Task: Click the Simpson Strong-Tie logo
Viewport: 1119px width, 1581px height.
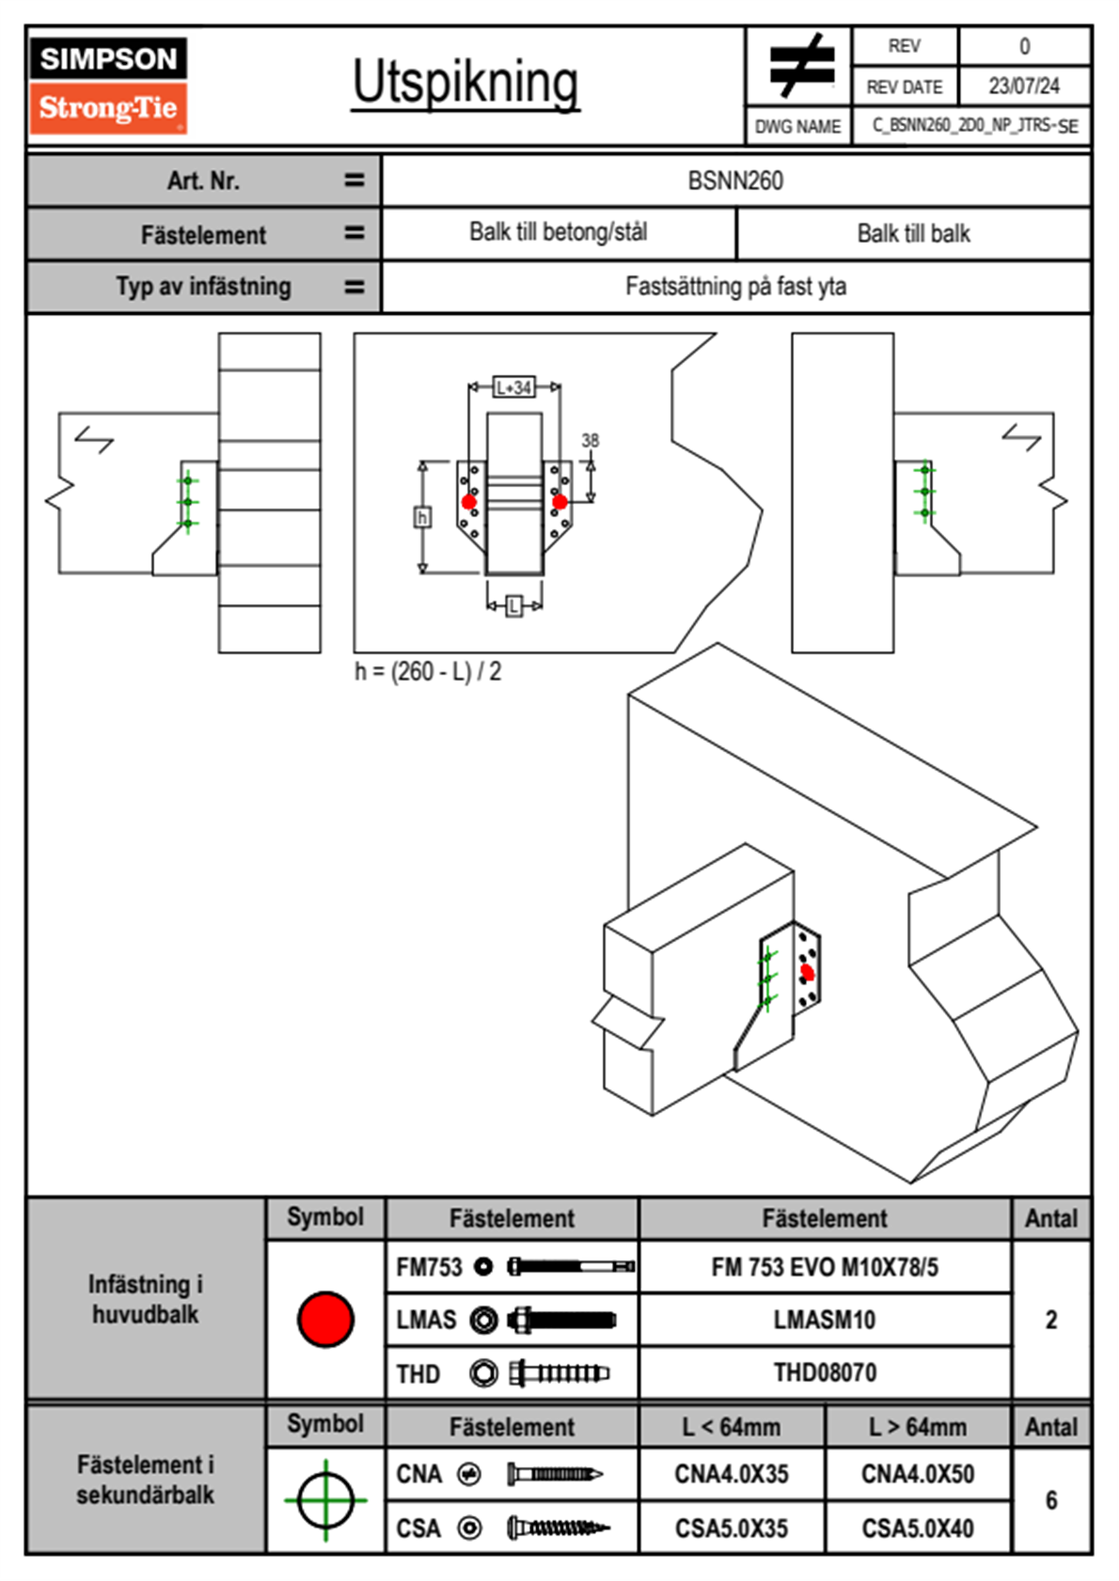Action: click(x=108, y=85)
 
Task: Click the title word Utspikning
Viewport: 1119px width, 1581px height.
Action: click(x=465, y=83)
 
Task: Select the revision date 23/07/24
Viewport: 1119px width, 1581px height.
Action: click(x=1023, y=86)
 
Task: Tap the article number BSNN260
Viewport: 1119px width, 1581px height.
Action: click(x=735, y=180)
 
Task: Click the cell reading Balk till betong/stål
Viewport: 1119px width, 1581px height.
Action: click(x=559, y=232)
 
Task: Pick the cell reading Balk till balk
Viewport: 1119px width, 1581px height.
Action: click(x=913, y=234)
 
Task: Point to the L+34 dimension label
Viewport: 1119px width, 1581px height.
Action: click(x=514, y=387)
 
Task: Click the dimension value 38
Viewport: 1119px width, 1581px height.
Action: click(x=590, y=440)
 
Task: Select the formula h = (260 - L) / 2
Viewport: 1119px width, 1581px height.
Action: click(x=428, y=671)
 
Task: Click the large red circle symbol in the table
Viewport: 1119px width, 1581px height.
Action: click(x=325, y=1319)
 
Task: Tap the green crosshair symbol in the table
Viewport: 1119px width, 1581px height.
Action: click(x=325, y=1500)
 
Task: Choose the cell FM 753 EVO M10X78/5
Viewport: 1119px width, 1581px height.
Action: click(x=825, y=1267)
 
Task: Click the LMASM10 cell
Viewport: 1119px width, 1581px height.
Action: click(x=825, y=1320)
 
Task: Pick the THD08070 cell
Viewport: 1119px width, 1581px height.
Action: click(x=825, y=1372)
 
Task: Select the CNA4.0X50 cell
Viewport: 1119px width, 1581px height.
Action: click(x=918, y=1474)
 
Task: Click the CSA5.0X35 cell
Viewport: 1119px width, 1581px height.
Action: click(x=732, y=1528)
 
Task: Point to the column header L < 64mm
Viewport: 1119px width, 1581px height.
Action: click(x=732, y=1427)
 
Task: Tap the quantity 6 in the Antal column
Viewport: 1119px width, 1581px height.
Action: click(x=1051, y=1500)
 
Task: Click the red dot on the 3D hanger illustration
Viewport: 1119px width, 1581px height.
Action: click(x=807, y=973)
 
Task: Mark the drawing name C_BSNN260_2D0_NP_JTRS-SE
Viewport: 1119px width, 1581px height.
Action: click(x=974, y=126)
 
